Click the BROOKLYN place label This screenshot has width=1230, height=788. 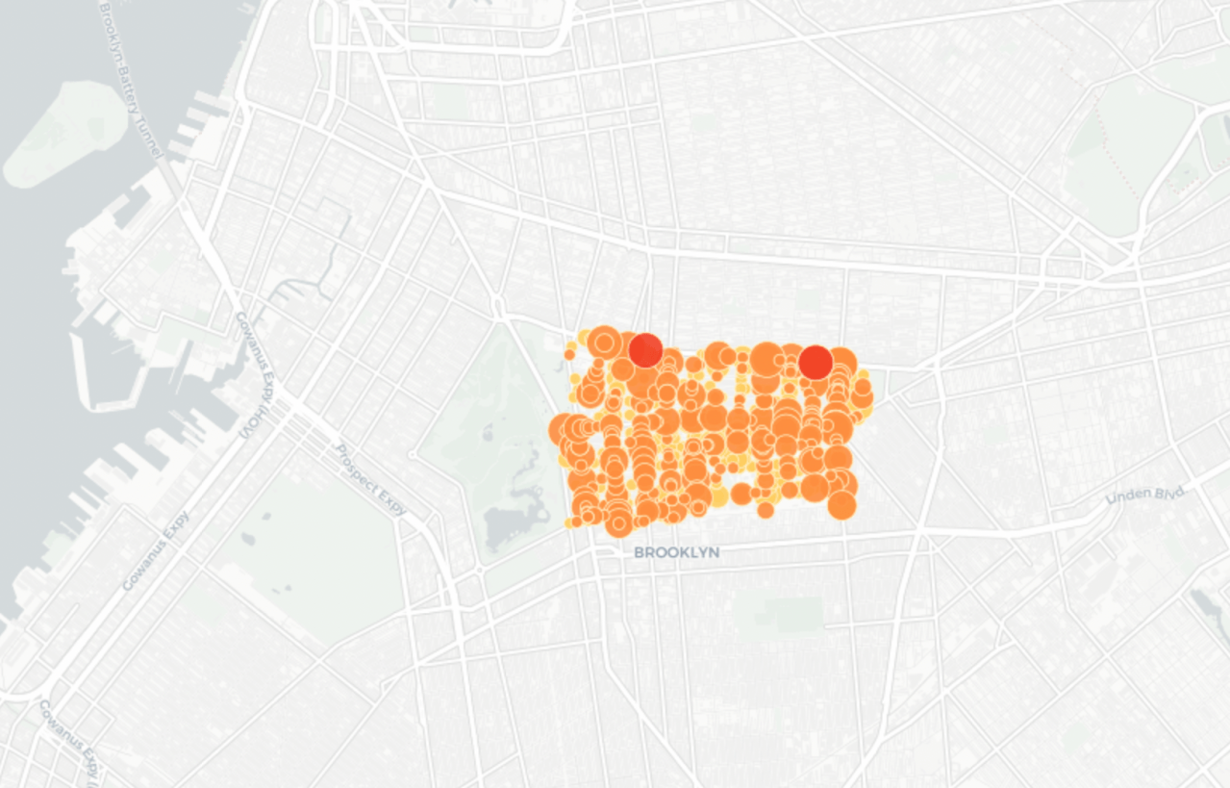pos(676,553)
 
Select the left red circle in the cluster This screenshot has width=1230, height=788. pos(645,350)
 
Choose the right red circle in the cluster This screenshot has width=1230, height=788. pos(816,362)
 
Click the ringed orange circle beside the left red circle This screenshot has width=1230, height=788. pos(604,341)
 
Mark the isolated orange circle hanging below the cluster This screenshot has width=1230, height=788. pos(766,510)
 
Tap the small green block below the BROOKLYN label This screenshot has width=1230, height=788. pos(794,614)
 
